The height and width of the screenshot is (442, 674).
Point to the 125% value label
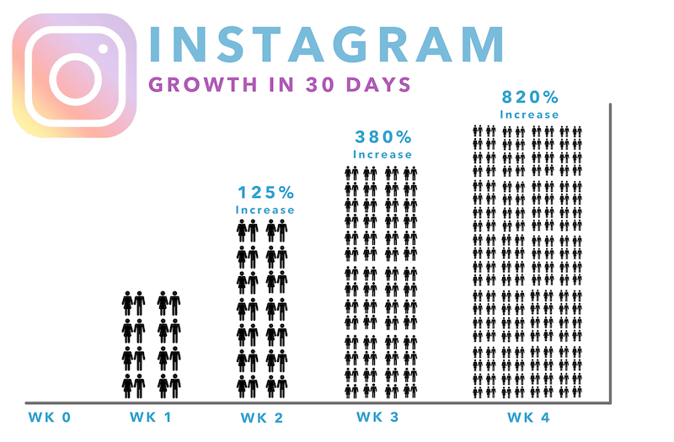click(x=265, y=193)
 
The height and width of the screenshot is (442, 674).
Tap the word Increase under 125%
click(x=265, y=210)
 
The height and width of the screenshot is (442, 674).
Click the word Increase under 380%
click(x=382, y=155)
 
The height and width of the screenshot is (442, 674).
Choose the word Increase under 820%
click(x=528, y=114)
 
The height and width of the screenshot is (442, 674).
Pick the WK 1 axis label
click(x=152, y=418)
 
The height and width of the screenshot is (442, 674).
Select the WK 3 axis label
click(x=381, y=418)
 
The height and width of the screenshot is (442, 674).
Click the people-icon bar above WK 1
click(x=152, y=344)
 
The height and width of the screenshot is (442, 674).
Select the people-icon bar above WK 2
click(x=264, y=308)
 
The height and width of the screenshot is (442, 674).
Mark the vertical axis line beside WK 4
click(x=607, y=253)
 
